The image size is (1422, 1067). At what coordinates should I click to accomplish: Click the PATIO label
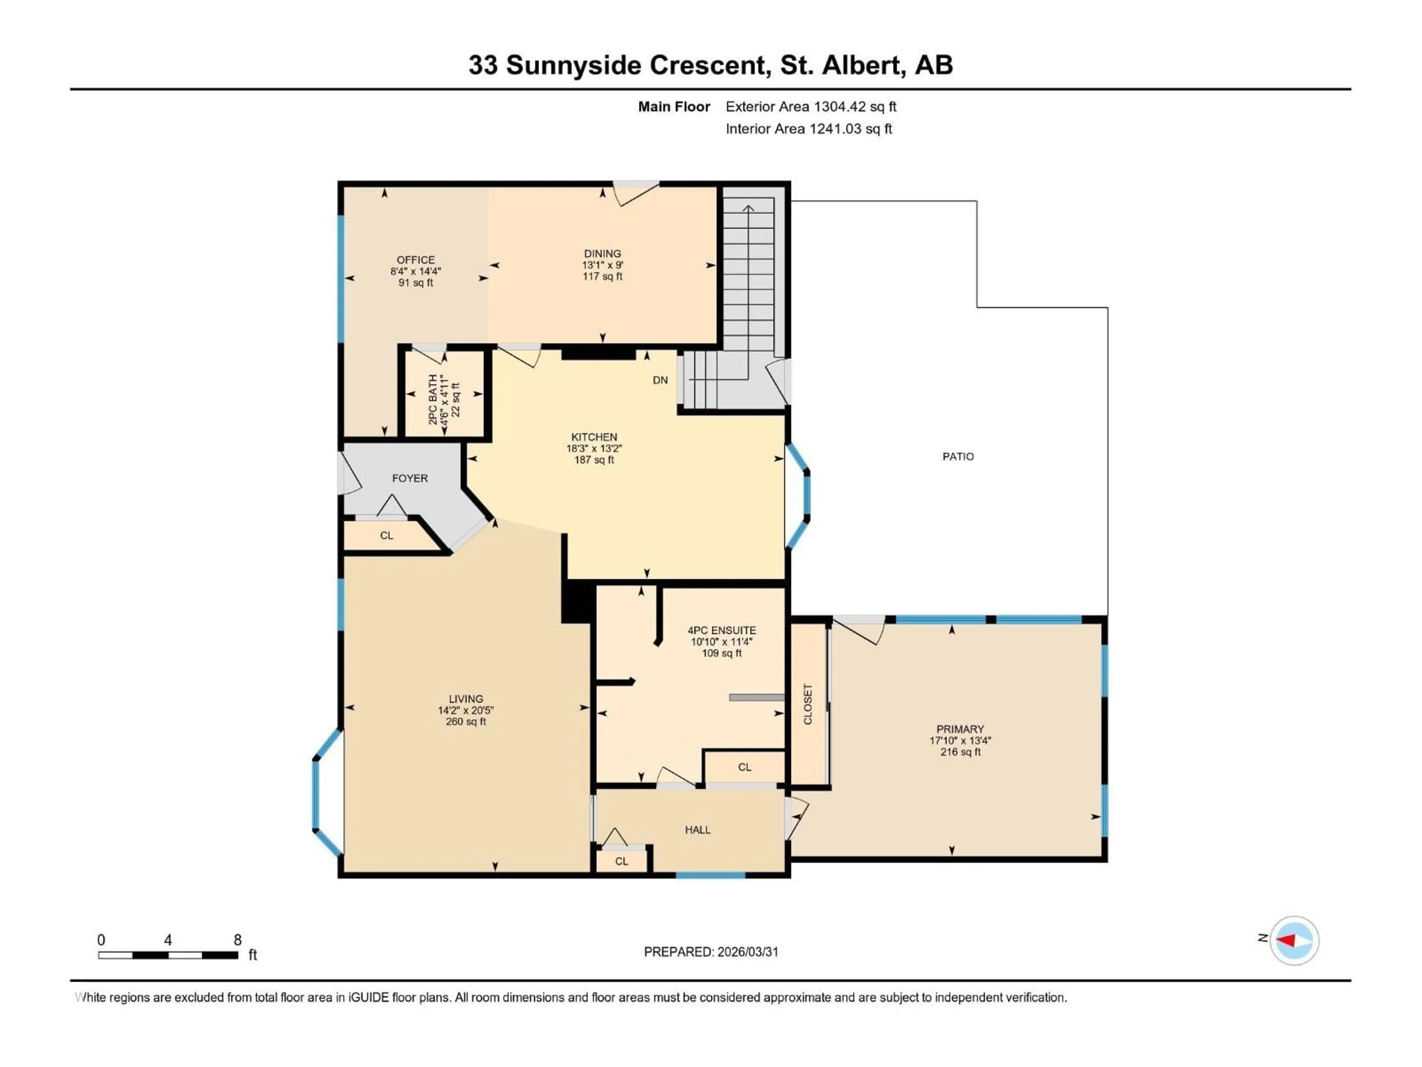(958, 457)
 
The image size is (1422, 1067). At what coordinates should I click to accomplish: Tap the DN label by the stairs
(660, 380)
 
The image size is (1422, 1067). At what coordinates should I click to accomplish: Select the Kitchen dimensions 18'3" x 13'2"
(594, 448)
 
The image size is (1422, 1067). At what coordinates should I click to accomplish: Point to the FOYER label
(410, 479)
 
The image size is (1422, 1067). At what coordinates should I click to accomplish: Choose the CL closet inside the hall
(621, 861)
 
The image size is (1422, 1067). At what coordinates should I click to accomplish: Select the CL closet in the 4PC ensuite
(744, 767)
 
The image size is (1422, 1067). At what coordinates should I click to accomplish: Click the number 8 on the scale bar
(237, 940)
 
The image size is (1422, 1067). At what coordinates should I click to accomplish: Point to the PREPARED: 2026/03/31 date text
(711, 952)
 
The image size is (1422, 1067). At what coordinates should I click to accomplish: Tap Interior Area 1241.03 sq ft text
(809, 129)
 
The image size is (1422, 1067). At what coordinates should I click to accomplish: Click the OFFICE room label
(415, 260)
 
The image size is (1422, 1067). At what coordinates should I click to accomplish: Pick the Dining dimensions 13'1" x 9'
(602, 265)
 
